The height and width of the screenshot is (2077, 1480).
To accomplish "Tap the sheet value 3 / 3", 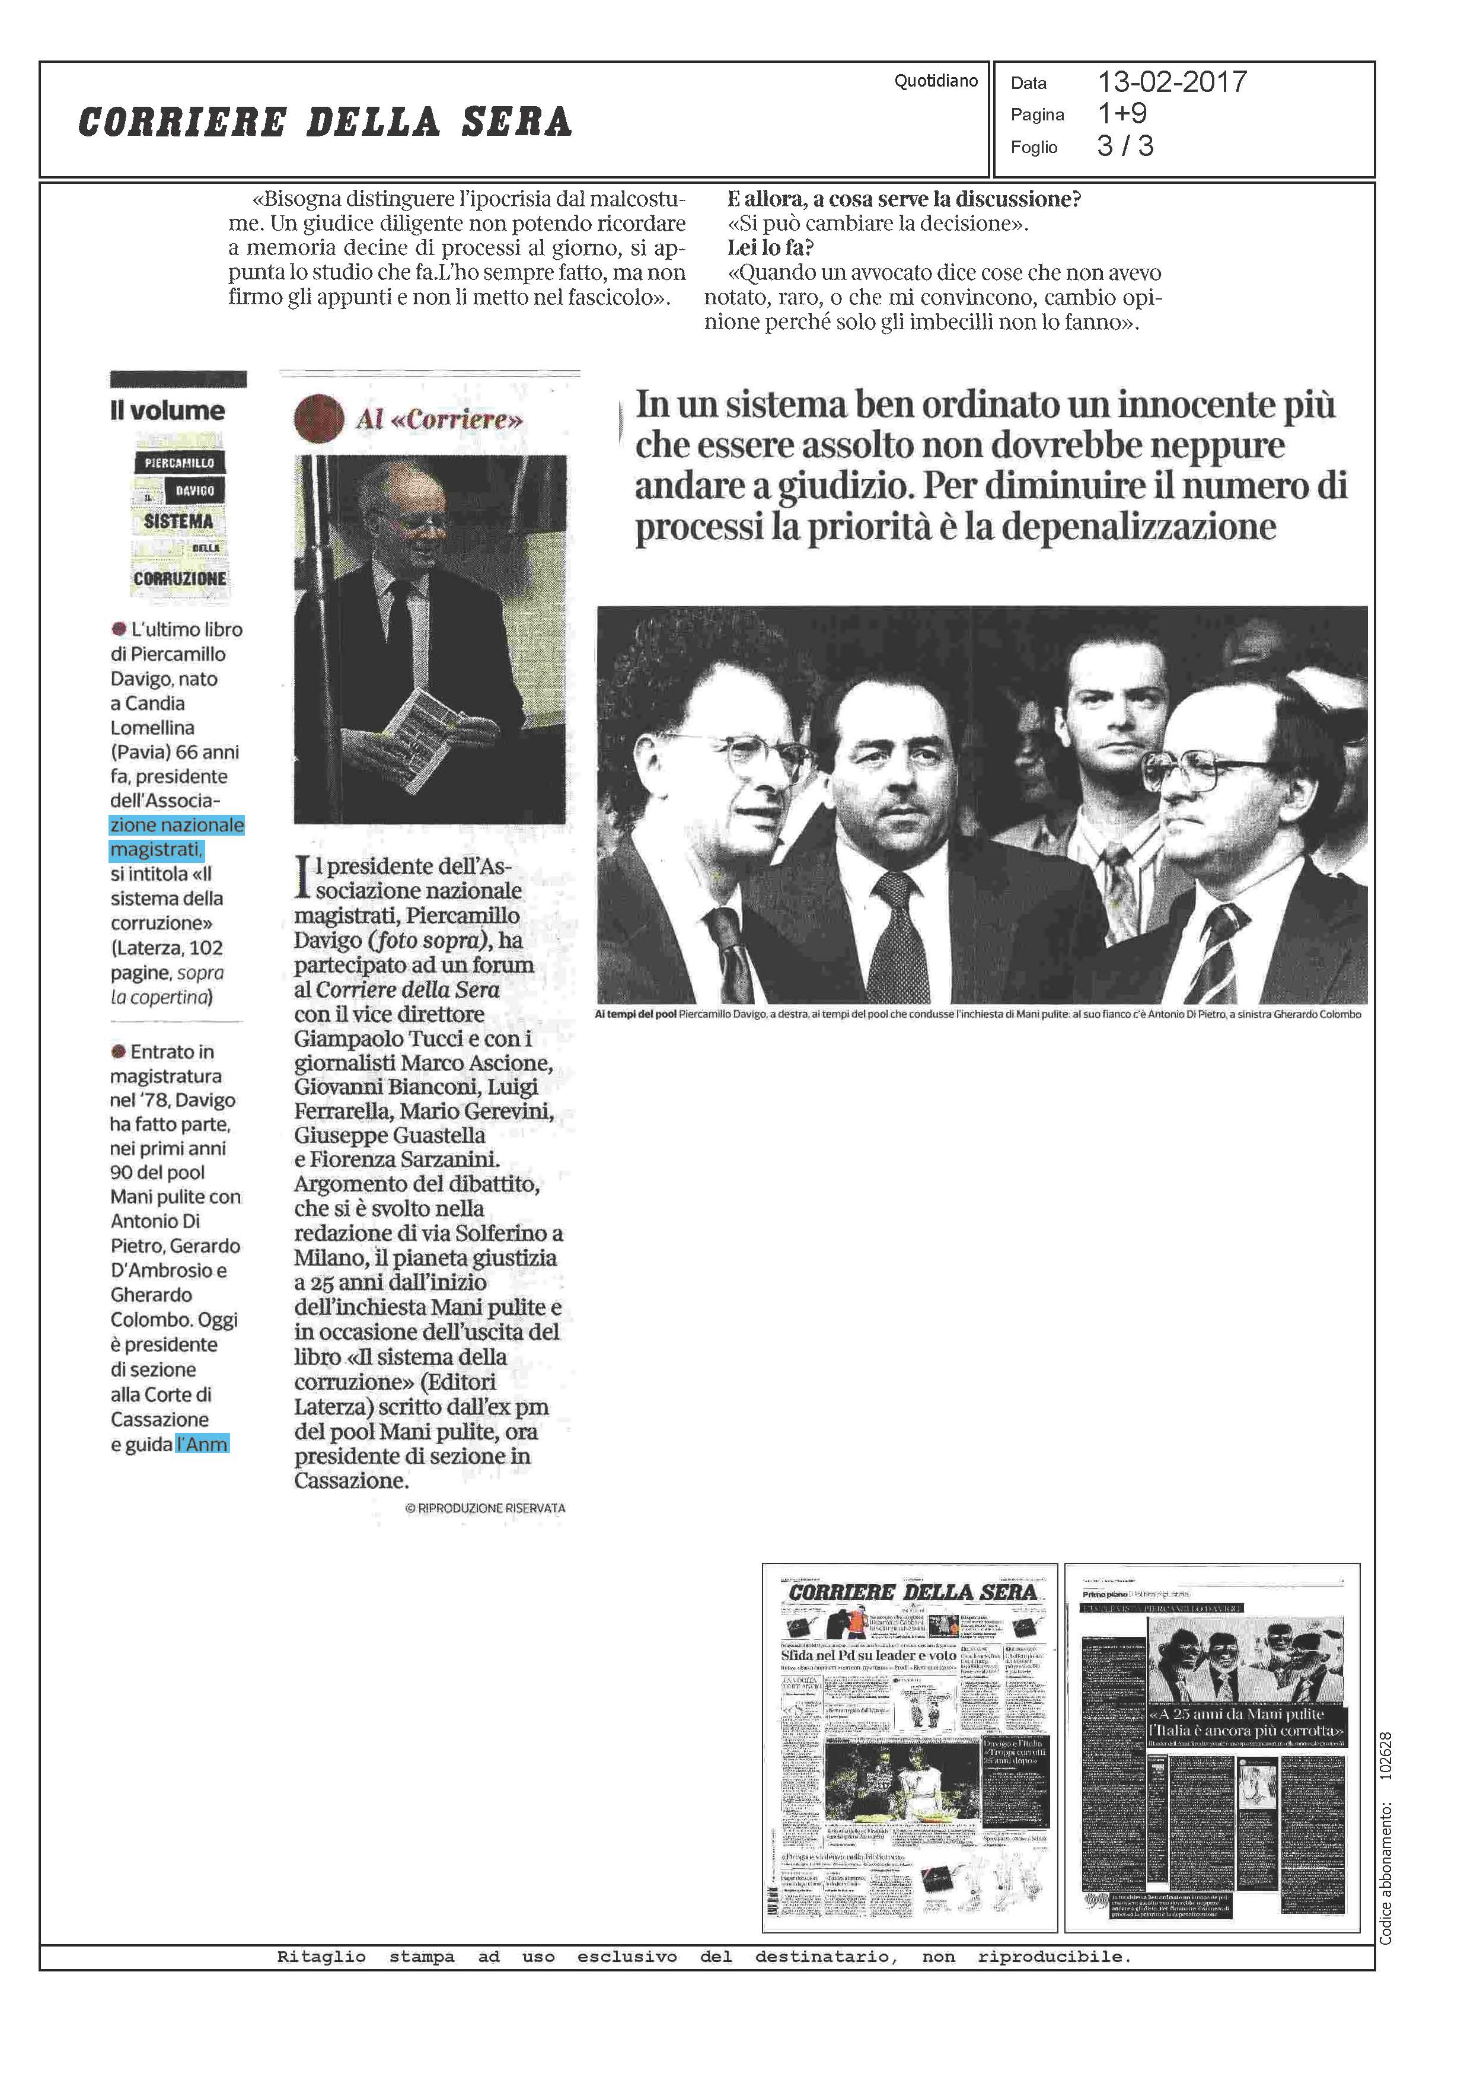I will (x=1125, y=146).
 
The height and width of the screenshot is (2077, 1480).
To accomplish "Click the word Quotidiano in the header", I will (x=935, y=81).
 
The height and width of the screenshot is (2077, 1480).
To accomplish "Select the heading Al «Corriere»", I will (x=439, y=419).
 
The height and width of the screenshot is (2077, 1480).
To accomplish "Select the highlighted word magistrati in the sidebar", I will (x=156, y=849).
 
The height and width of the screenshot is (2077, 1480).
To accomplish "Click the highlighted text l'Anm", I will (x=202, y=1444).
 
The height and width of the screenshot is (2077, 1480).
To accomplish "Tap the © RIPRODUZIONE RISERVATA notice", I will (x=485, y=1508).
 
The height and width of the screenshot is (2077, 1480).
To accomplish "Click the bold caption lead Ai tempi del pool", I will (x=635, y=1014).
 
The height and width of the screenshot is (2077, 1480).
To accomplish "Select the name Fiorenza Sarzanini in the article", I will (x=413, y=1159).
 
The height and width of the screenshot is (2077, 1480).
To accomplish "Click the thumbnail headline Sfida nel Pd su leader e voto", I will (x=867, y=1655).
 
